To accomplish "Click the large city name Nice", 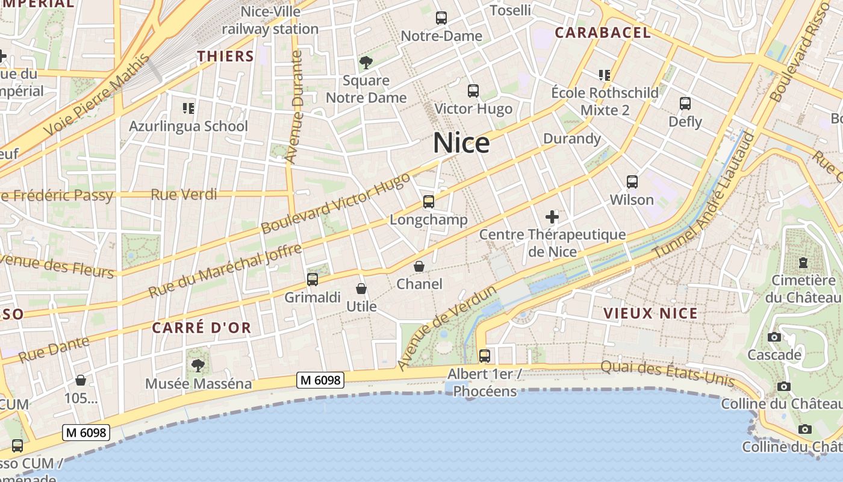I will click(461, 143).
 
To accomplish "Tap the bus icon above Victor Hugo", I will click(473, 91).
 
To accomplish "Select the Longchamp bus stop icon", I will click(429, 202).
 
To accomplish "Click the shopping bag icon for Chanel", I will click(419, 266).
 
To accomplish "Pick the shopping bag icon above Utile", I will click(361, 289).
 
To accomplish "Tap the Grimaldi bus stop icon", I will click(312, 279).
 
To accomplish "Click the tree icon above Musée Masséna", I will click(198, 365).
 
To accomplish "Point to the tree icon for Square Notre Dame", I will click(366, 62).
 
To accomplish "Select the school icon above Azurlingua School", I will click(188, 108).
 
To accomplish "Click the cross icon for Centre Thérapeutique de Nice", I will click(552, 217).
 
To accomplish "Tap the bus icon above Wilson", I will click(632, 181).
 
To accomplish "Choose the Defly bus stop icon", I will click(685, 103).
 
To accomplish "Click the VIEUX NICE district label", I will click(650, 313).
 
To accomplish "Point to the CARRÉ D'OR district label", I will click(201, 328).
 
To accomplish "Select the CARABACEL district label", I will click(603, 33).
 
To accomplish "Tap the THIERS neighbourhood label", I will click(226, 57).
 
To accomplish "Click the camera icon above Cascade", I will click(774, 337).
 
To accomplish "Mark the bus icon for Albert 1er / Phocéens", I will click(485, 355).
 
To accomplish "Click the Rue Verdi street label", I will click(184, 194).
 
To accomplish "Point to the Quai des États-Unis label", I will click(667, 373).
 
